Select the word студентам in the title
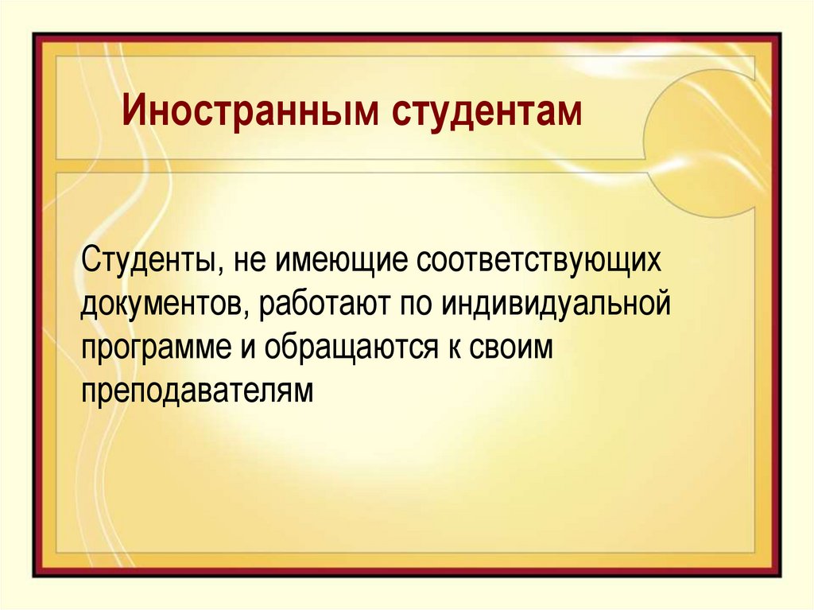486,112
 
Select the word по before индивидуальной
418,305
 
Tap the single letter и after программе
247,349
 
